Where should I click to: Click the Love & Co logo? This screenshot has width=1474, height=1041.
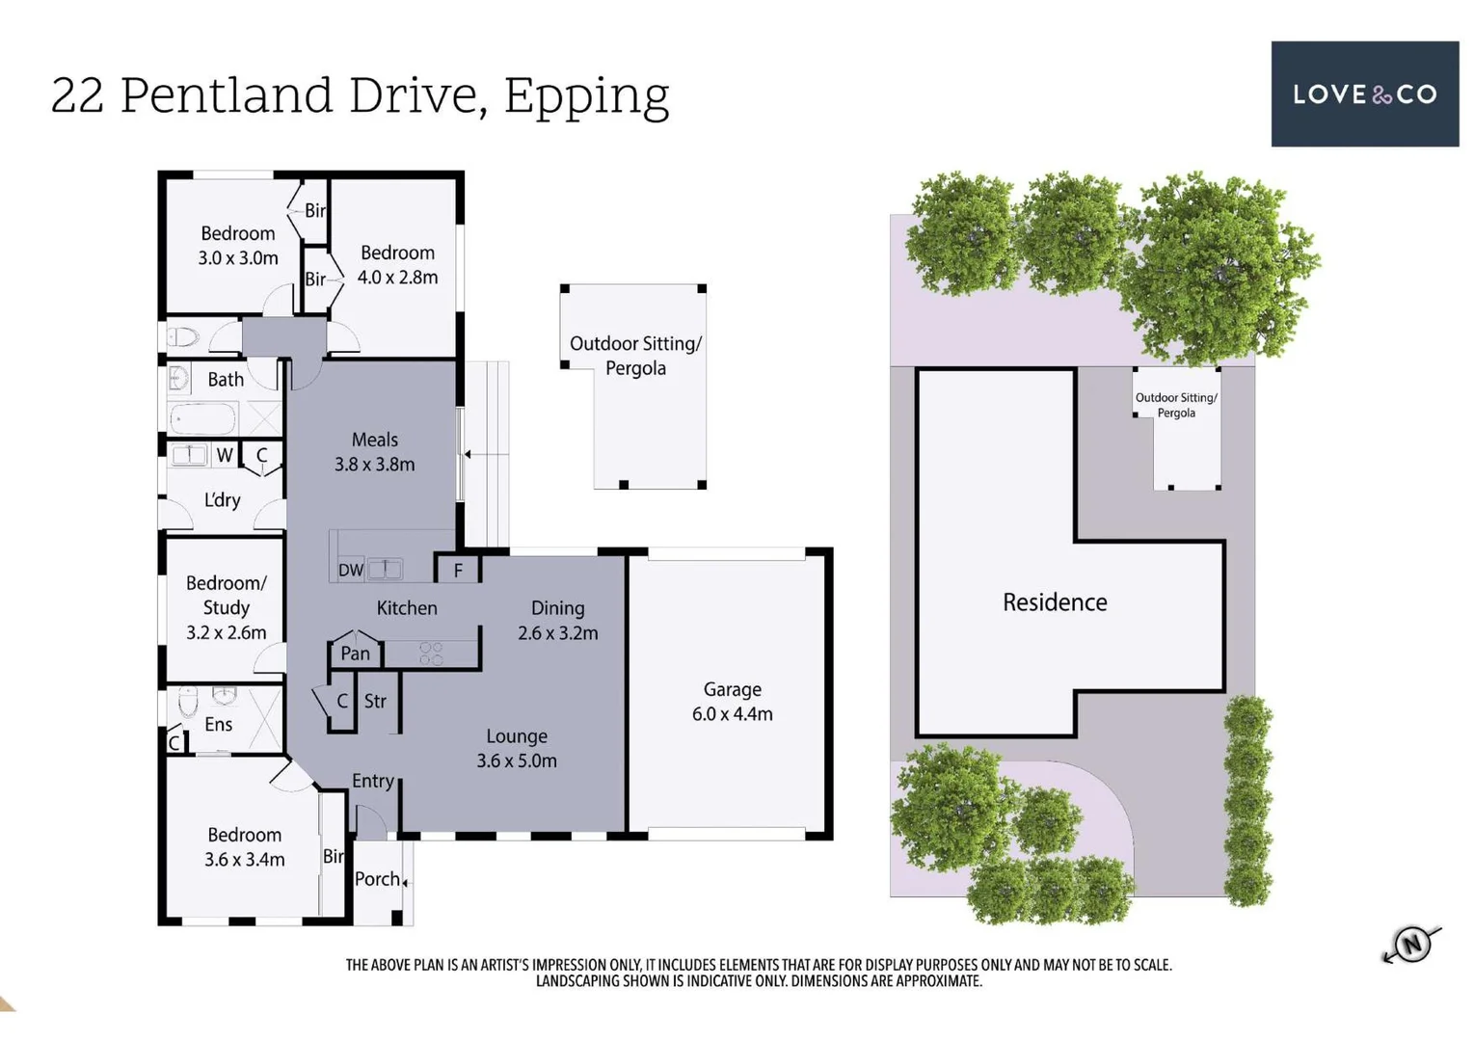pos(1364,93)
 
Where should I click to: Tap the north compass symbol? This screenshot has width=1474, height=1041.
pos(1411,944)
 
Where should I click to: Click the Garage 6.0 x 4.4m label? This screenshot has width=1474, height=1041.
pos(732,702)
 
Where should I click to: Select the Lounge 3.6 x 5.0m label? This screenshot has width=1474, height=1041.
pos(517,748)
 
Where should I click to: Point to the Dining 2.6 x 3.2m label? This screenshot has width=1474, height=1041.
pos(557,620)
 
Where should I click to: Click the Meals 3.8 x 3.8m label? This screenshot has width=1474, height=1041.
pos(374,451)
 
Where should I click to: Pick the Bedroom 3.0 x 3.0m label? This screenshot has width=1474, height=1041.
pos(238,246)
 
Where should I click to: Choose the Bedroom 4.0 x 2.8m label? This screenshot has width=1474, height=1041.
pos(397,265)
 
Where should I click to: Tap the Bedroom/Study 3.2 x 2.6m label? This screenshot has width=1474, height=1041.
pos(226,607)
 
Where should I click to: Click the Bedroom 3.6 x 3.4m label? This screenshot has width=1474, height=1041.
pos(244,846)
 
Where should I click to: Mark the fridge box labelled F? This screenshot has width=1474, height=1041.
pos(458,570)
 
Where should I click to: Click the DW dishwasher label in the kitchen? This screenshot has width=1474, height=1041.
pos(351,570)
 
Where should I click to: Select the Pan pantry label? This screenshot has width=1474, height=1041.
pos(355,654)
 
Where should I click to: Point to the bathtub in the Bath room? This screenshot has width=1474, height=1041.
pos(203,419)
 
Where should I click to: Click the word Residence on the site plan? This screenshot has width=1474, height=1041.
pos(1055,602)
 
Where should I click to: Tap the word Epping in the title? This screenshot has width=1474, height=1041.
pos(586,96)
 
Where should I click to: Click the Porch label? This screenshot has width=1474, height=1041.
pos(377,879)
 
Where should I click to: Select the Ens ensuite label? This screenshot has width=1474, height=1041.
pos(218,724)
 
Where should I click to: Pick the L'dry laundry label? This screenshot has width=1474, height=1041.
pos(222,500)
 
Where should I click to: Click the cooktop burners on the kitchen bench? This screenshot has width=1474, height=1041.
pos(431,654)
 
